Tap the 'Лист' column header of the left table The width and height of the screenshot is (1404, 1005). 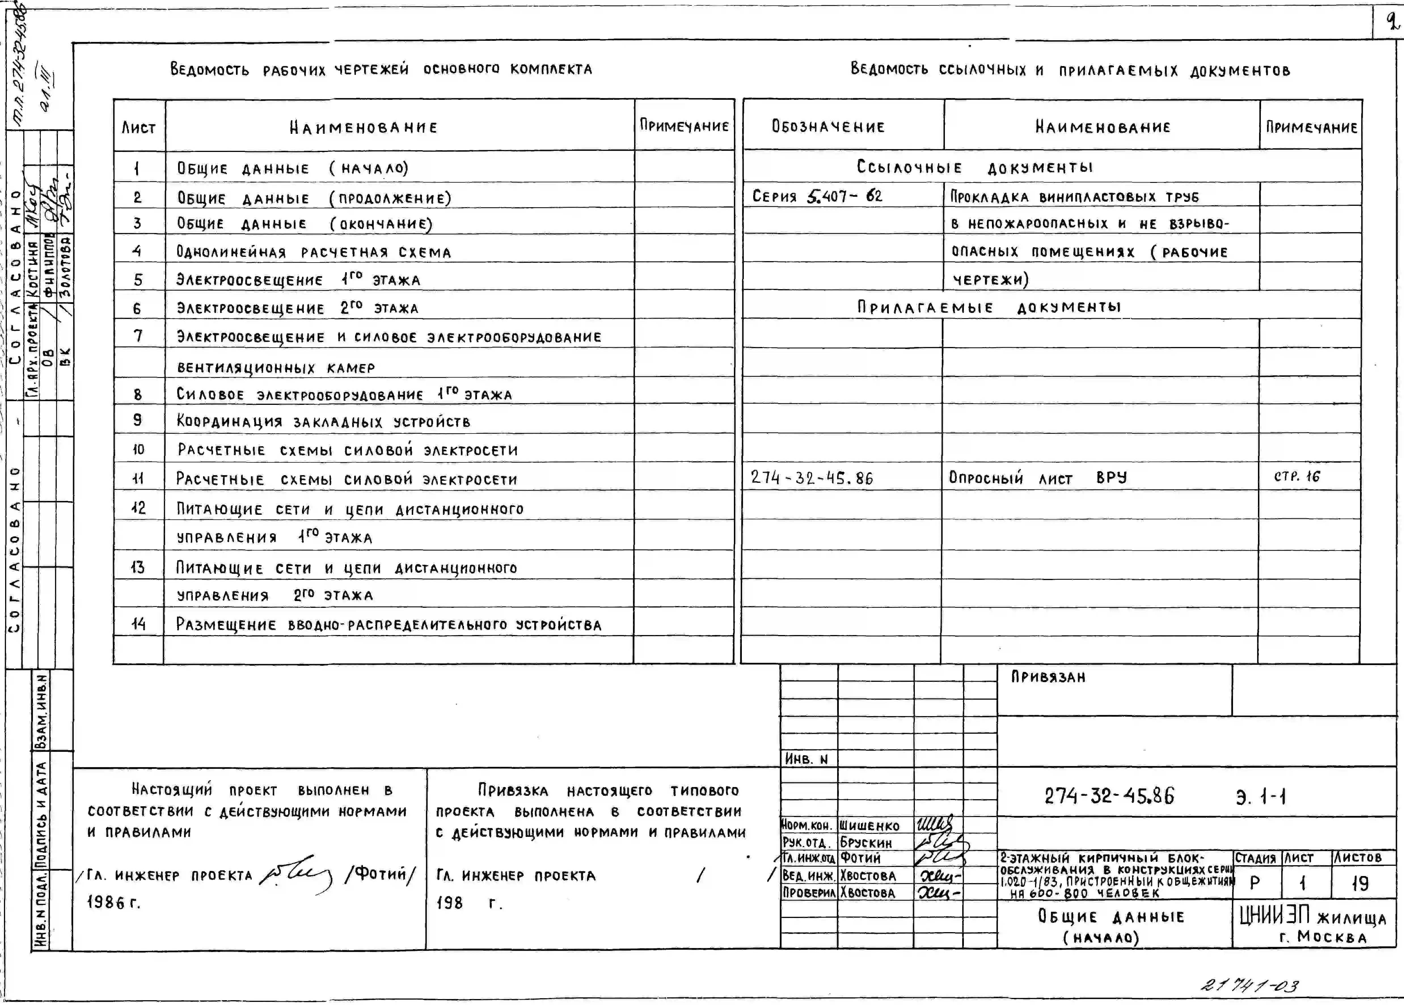point(139,128)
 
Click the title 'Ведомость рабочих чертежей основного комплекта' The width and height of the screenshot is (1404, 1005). point(381,69)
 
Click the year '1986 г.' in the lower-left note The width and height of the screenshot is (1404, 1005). point(114,902)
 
